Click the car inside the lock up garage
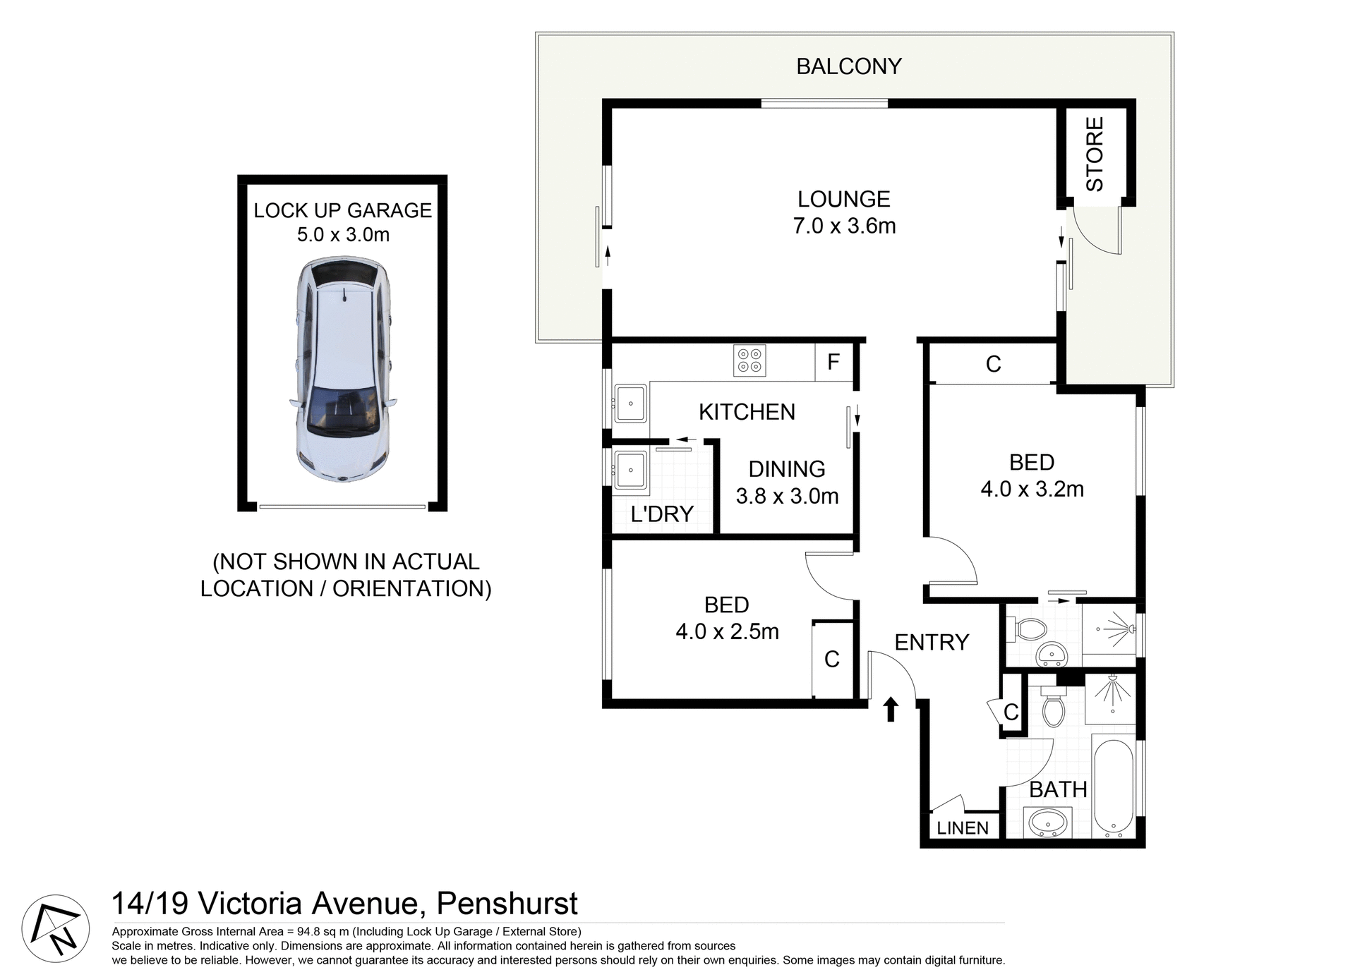click(x=342, y=370)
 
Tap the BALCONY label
click(x=848, y=66)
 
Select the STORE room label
click(x=1095, y=154)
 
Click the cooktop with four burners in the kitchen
click(x=749, y=360)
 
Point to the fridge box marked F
click(x=833, y=363)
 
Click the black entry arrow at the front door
click(x=891, y=708)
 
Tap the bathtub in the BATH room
click(x=1113, y=787)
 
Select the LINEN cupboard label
click(x=963, y=828)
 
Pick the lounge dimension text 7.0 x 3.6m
click(x=844, y=226)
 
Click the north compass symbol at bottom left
click(x=56, y=928)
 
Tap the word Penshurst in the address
click(x=507, y=904)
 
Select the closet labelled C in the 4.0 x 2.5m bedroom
click(x=832, y=660)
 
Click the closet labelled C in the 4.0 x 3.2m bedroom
click(x=993, y=365)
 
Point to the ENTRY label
click(x=932, y=642)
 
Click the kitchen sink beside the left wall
click(x=630, y=403)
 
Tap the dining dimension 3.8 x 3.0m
click(x=787, y=497)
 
